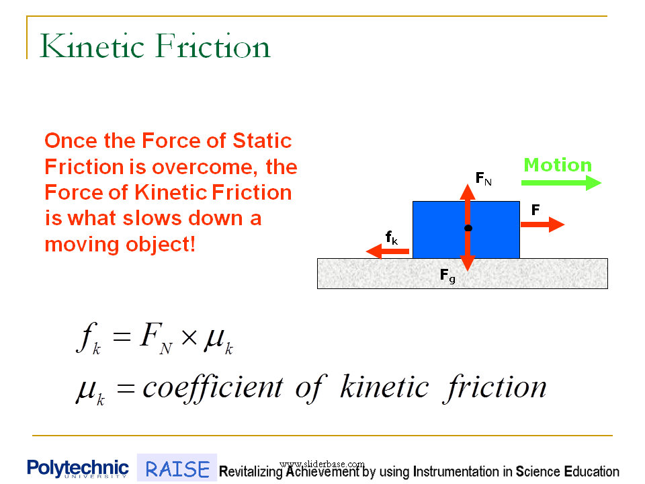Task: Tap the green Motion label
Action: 558,165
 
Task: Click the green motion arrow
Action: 562,182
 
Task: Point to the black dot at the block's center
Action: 468,229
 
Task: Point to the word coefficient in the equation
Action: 204,388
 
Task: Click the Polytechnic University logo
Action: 78,469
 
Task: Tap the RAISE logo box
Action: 177,469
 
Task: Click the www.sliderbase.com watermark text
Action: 322,464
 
